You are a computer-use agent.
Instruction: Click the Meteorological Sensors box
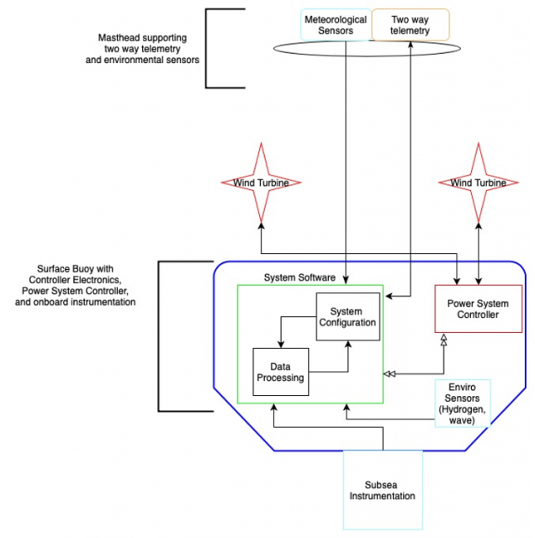(x=335, y=25)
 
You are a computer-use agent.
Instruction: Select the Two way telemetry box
(x=410, y=25)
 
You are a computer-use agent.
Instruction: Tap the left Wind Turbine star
(x=260, y=182)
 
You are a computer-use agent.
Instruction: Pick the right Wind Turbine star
(x=479, y=182)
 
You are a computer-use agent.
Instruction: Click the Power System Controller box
(x=478, y=309)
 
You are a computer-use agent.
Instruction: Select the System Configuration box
(x=347, y=316)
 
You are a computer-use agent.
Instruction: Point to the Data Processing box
(x=280, y=372)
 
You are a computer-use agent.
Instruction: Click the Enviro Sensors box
(x=462, y=403)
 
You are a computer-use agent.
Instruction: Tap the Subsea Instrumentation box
(x=383, y=490)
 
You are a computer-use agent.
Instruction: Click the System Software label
(x=299, y=277)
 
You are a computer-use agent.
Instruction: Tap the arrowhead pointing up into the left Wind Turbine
(x=260, y=225)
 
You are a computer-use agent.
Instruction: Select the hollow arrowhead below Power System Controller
(x=444, y=338)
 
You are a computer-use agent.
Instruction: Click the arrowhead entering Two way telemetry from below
(x=410, y=43)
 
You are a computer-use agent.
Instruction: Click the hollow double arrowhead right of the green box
(x=389, y=372)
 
